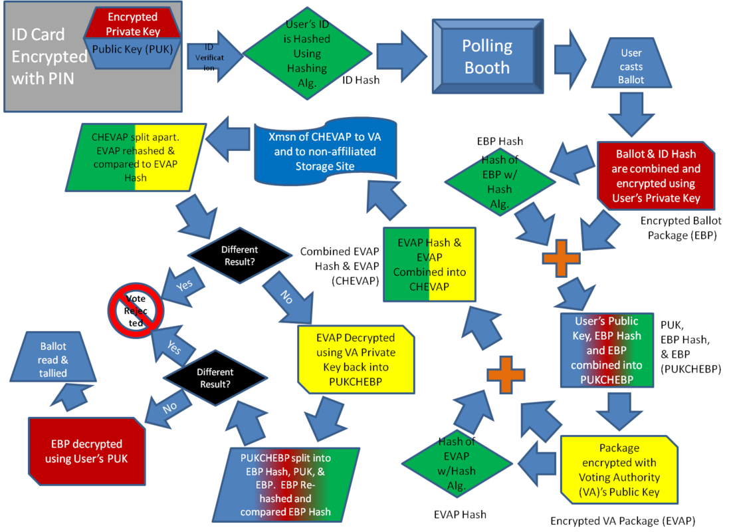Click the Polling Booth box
click(488, 57)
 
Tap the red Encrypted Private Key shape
click(133, 24)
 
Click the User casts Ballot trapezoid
click(631, 66)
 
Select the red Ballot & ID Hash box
click(655, 176)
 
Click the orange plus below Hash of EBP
click(562, 258)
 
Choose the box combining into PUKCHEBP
click(606, 350)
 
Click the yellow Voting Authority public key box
click(618, 470)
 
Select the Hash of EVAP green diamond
click(458, 463)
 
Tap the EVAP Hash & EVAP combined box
click(429, 264)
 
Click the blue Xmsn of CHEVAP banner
click(326, 152)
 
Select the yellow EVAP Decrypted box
click(356, 359)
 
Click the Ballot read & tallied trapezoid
click(53, 359)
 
